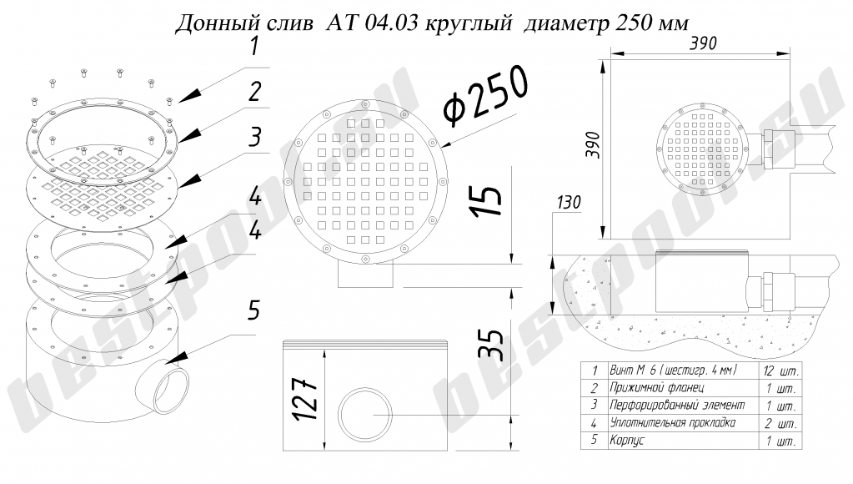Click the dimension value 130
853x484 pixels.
point(572,202)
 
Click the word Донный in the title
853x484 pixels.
point(210,22)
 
